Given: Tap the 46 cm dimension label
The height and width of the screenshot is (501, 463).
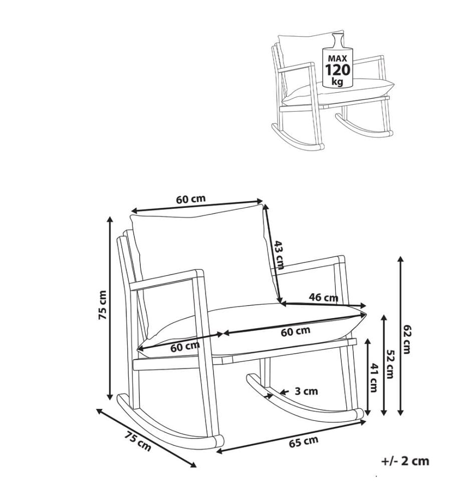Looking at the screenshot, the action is click(323, 297).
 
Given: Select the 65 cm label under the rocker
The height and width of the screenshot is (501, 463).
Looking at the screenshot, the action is click(304, 442).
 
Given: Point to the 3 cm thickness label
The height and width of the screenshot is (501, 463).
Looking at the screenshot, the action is click(306, 391).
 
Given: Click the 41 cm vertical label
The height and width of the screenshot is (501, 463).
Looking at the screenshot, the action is click(373, 378).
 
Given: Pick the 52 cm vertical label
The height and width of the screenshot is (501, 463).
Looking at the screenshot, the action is click(390, 364).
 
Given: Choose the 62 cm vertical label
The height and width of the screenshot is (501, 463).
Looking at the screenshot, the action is click(406, 339).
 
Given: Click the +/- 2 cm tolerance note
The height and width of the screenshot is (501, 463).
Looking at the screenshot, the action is click(405, 461).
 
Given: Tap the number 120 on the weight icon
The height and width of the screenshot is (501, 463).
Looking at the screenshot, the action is click(337, 70).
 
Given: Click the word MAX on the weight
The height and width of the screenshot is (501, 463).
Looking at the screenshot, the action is click(337, 59).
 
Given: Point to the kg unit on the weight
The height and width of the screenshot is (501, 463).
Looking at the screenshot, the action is click(337, 82).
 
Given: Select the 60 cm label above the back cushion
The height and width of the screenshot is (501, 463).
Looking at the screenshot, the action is click(191, 199).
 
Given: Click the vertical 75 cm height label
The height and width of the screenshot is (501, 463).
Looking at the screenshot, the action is click(102, 305).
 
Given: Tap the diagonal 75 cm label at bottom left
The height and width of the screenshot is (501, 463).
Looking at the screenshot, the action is click(138, 441).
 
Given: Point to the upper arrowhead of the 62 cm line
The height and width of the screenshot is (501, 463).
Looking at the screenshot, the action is click(400, 259).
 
